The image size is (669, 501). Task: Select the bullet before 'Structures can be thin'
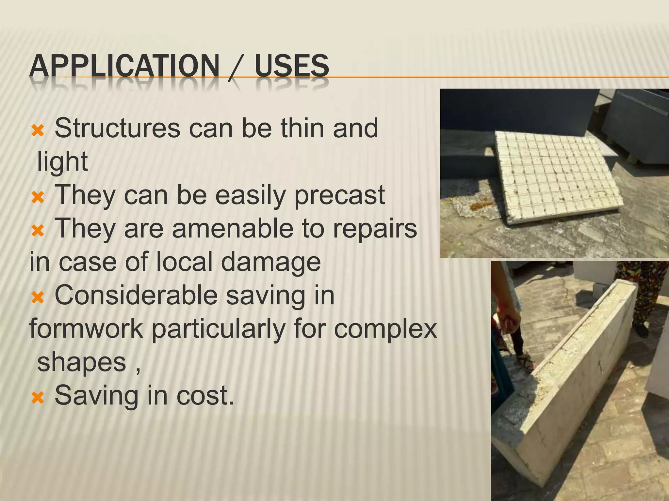point(38,131)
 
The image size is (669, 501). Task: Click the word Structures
point(117,128)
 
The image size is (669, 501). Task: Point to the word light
point(62,161)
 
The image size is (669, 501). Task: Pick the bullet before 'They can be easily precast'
point(38,198)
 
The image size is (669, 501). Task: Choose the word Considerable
point(136,295)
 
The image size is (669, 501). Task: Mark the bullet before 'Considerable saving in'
point(38,297)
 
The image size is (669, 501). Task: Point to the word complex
point(385,329)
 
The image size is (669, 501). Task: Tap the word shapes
point(82,362)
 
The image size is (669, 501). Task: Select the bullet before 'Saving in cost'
point(38,398)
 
